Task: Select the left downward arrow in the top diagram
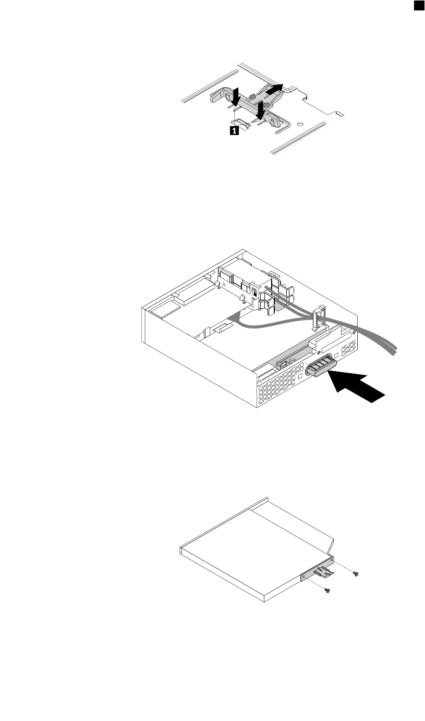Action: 236,96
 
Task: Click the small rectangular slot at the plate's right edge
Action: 339,113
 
